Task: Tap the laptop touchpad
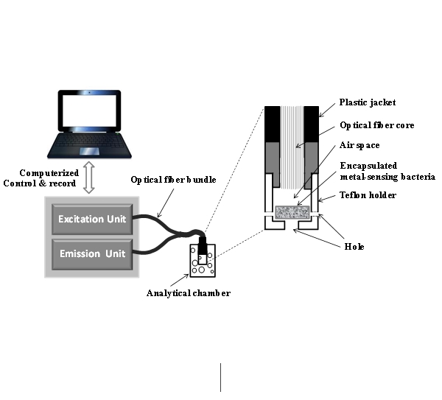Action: coord(90,152)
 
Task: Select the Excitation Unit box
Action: coord(92,219)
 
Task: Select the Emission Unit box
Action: coord(92,255)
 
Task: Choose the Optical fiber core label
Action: coord(377,125)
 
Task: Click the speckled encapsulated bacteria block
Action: coord(292,213)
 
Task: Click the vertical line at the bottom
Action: coord(220,376)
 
